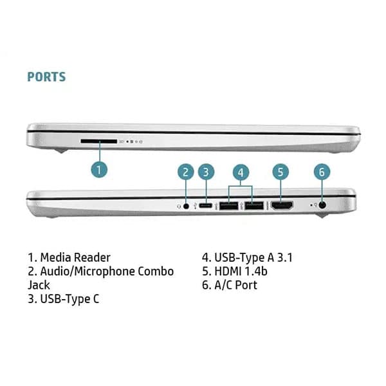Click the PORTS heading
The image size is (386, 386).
[46, 77]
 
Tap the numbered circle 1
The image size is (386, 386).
[98, 169]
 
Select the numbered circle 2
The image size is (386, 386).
[185, 172]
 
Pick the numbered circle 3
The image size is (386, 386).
[205, 172]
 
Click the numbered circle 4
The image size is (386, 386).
[240, 172]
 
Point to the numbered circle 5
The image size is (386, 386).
[279, 172]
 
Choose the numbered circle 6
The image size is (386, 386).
[322, 172]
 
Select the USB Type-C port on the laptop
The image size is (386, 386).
[205, 205]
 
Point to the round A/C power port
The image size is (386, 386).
[322, 205]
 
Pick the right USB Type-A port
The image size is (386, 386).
[253, 206]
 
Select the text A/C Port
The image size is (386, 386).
[229, 284]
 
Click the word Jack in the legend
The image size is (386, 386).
[39, 284]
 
